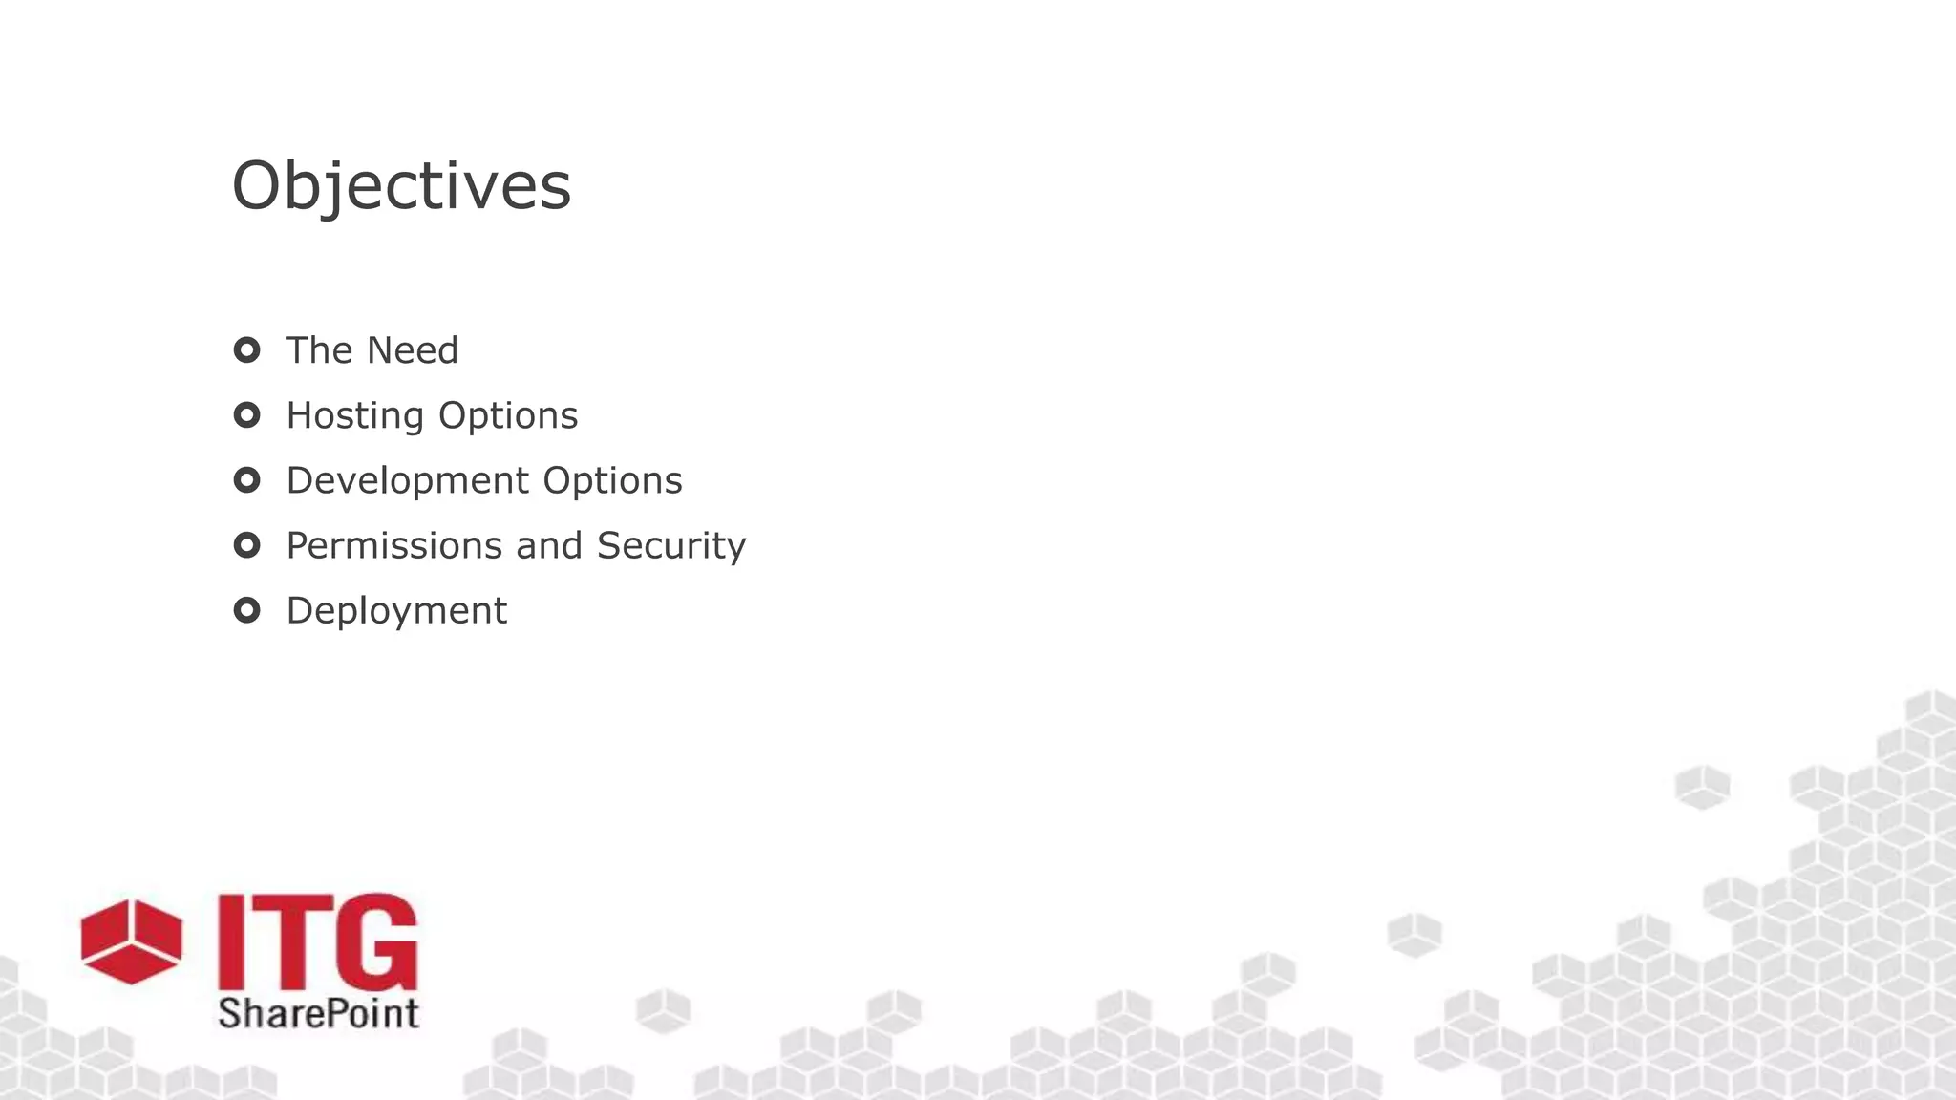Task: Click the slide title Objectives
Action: [x=401, y=185]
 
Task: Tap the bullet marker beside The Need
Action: [x=246, y=350]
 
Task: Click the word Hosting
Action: [x=354, y=416]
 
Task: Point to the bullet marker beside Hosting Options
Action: [x=246, y=415]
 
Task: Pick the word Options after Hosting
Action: [x=507, y=416]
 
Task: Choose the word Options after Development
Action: [x=612, y=480]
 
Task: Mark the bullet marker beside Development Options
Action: [x=246, y=480]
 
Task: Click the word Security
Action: [x=671, y=546]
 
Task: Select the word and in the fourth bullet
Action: [x=548, y=545]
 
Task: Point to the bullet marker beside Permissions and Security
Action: [x=246, y=545]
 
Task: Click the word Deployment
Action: [x=396, y=611]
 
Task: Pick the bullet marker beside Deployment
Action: [x=246, y=610]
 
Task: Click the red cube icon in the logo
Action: [x=131, y=941]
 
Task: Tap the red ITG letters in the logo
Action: [x=317, y=942]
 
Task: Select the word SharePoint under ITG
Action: [x=318, y=1013]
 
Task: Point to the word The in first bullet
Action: [x=320, y=350]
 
